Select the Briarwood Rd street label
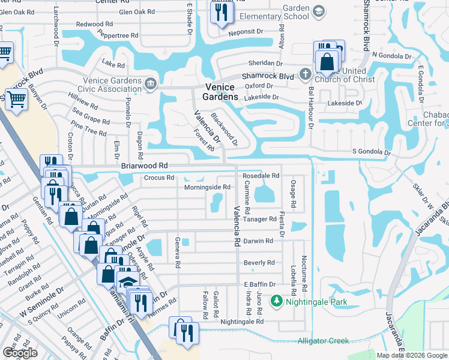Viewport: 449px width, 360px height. (143, 166)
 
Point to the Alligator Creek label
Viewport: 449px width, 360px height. (323, 341)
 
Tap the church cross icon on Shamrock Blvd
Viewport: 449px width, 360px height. (305, 74)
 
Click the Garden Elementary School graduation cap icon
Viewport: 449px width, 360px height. (318, 11)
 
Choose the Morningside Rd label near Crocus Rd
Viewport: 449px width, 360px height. (207, 187)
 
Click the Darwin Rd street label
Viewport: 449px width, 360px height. (259, 241)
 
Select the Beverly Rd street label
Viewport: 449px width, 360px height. (259, 263)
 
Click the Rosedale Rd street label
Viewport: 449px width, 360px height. (261, 176)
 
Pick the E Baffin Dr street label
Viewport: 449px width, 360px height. (259, 284)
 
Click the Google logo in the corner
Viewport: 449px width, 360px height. (19, 353)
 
